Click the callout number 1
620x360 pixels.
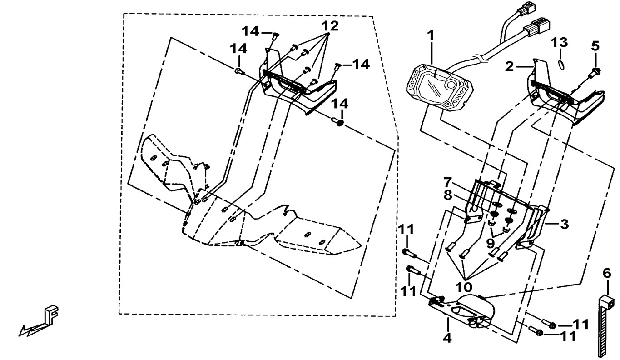coord(430,35)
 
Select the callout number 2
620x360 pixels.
coord(510,67)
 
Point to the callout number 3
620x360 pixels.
coord(564,224)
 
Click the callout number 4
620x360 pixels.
coord(447,338)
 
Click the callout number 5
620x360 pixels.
coord(595,46)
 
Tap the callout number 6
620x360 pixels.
coord(607,273)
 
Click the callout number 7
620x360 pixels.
coord(447,183)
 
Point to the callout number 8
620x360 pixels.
coord(447,195)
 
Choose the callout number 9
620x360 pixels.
coord(490,243)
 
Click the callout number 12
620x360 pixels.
coord(331,26)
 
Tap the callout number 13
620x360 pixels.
coord(559,42)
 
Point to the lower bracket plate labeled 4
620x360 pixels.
coord(459,311)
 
